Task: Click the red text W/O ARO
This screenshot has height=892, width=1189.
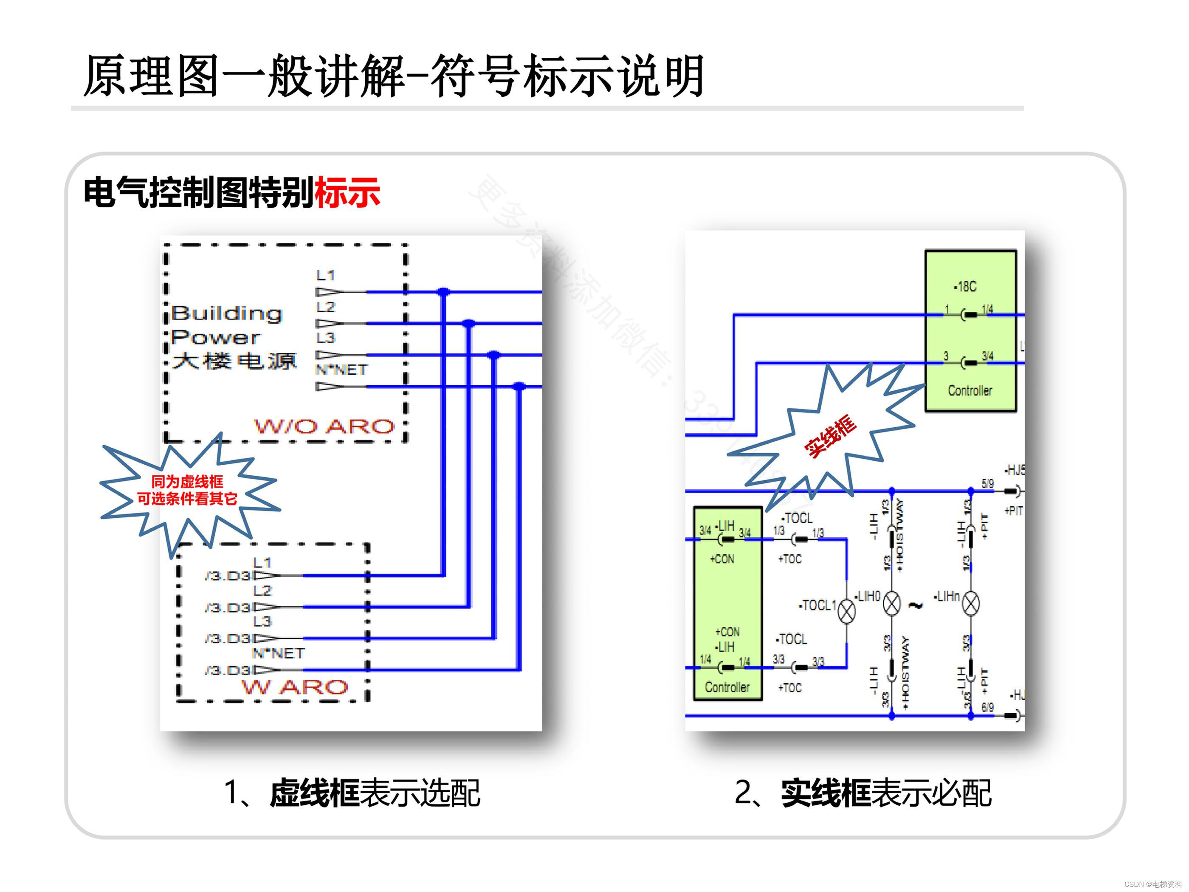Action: [324, 427]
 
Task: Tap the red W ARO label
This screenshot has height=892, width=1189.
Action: [295, 687]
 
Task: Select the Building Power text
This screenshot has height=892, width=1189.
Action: [226, 325]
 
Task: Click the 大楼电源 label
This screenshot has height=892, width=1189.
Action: [234, 361]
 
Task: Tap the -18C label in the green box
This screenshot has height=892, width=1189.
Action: [965, 287]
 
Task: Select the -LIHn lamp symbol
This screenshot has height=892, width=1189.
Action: [970, 603]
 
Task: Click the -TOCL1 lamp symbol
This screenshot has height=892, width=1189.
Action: [847, 611]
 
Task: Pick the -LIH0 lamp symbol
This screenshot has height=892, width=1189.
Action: [892, 603]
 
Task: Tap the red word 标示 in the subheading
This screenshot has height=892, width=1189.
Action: [347, 192]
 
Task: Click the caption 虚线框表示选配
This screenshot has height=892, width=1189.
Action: [374, 793]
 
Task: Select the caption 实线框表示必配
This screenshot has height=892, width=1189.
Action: [886, 793]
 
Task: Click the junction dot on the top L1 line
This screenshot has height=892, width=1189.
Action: [443, 292]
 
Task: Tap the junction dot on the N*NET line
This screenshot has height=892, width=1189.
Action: [519, 387]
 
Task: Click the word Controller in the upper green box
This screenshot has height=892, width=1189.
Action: [970, 391]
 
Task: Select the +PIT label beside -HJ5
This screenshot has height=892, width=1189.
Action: [1013, 511]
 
